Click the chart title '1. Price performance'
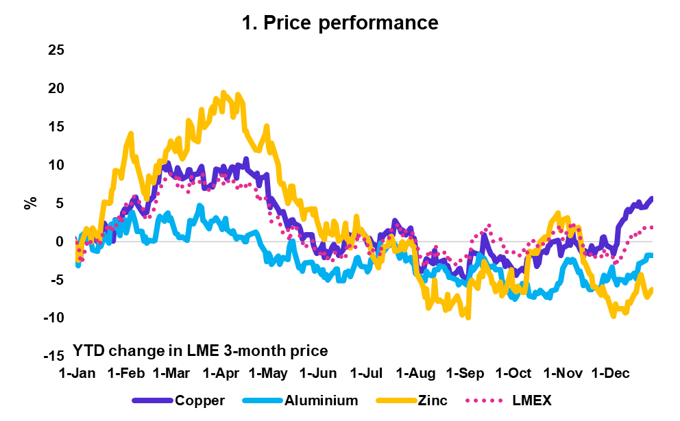coord(340,23)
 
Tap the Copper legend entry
coord(179,400)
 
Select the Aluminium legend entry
coord(300,400)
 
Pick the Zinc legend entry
coord(411,400)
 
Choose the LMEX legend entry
coord(508,400)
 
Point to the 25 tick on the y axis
coord(56,50)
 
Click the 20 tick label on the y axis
coord(56,88)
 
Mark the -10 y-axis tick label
coord(53,318)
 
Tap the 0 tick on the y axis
coord(60,242)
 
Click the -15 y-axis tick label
coord(53,356)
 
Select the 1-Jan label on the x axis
coord(77,373)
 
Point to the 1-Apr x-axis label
coord(221,373)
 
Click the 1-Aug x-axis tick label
coord(416,373)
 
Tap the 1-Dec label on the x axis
coord(611,373)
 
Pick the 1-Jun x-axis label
coord(318,373)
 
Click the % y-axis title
coord(30,203)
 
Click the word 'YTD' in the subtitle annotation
coord(88,350)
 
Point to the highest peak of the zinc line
coord(223,92)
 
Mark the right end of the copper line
coord(652,198)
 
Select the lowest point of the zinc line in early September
coord(468,318)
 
